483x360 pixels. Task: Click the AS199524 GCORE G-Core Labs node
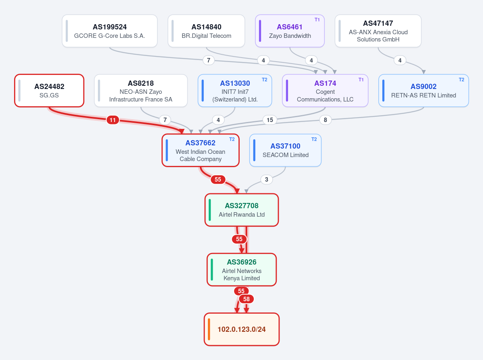(110, 31)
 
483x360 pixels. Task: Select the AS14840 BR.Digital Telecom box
(206, 31)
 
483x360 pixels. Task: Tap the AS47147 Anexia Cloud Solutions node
(378, 31)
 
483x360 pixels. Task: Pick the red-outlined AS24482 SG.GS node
(49, 91)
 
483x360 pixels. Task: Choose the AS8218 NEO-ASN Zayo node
(141, 91)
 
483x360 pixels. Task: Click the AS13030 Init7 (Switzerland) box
(235, 91)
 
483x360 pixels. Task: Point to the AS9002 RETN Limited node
(423, 91)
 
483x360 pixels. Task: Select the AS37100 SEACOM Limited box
(285, 150)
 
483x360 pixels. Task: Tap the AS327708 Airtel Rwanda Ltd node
(242, 210)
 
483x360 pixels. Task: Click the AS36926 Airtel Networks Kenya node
(242, 270)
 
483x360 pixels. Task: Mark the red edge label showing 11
(113, 120)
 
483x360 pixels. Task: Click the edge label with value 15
(270, 120)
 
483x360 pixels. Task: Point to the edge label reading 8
(325, 120)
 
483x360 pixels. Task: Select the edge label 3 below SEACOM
(266, 180)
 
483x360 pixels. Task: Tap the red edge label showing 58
(247, 299)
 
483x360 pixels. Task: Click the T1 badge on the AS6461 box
(317, 20)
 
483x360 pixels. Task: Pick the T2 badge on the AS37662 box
(232, 139)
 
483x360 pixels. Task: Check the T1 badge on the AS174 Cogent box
(361, 80)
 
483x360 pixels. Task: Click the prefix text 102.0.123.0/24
(242, 329)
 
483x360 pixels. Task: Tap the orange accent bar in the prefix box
(209, 329)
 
